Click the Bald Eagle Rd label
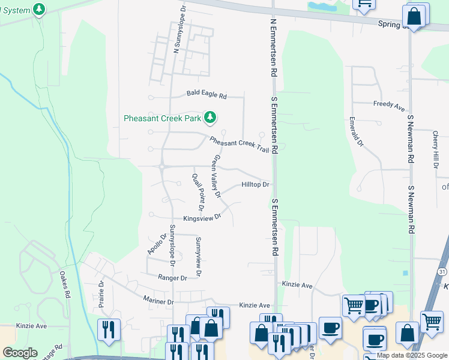click(206, 95)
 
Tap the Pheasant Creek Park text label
click(162, 118)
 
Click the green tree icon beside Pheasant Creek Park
click(210, 118)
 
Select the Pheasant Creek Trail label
click(239, 144)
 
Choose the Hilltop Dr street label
click(256, 185)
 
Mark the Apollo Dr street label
click(155, 244)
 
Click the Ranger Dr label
click(173, 278)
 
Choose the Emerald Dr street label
click(357, 131)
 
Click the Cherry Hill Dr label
click(436, 145)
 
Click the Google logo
click(20, 353)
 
